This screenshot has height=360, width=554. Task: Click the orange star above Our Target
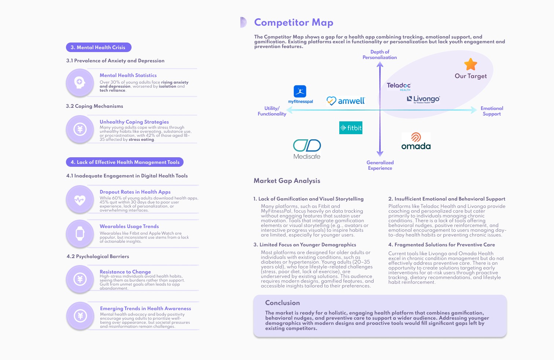470,64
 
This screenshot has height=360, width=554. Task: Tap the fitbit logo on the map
351,128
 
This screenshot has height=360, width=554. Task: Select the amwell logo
346,101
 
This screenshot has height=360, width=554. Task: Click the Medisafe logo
307,149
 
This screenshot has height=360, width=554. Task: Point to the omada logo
416,142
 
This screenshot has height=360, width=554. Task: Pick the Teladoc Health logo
399,86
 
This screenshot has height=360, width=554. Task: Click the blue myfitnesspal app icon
300,91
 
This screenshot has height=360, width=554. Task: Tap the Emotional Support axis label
492,111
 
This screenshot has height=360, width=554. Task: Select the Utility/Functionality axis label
272,111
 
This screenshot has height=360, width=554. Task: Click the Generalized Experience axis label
380,165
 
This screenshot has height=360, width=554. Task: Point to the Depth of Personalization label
380,55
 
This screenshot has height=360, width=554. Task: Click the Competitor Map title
293,22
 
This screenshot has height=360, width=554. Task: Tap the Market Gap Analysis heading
287,181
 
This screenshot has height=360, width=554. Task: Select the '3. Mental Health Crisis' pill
98,47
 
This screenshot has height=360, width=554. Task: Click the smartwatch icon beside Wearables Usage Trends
80,233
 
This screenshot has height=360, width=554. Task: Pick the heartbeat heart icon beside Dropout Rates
80,200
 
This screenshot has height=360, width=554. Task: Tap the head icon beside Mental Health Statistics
80,82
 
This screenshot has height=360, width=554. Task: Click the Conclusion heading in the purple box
282,303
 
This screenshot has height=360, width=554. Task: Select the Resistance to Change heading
125,272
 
